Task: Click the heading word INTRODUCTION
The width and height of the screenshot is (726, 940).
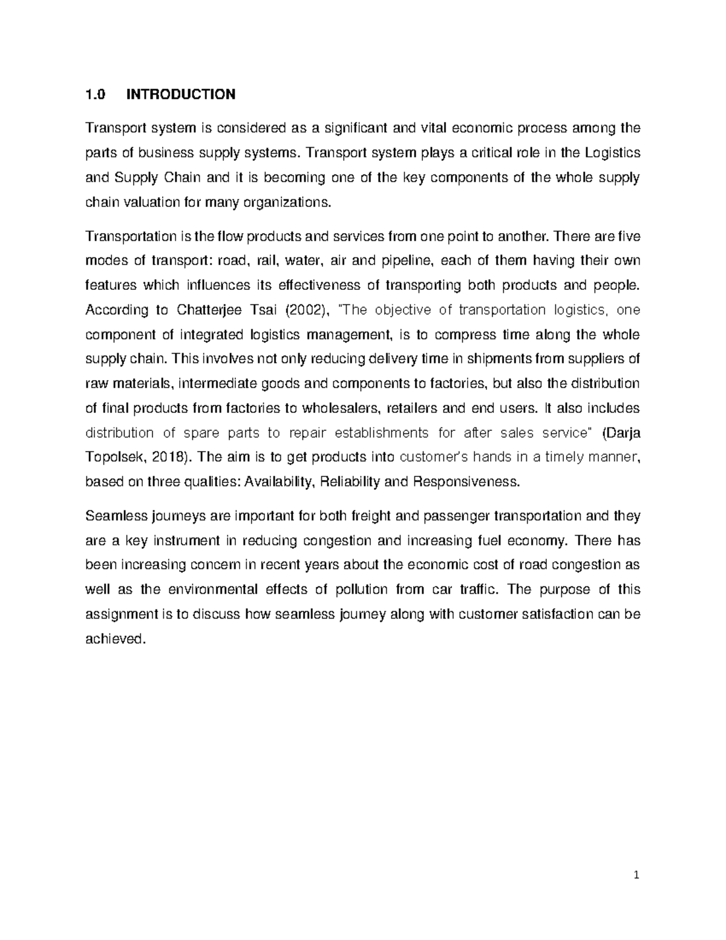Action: [x=180, y=94]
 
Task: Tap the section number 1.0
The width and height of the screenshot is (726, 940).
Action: [x=95, y=94]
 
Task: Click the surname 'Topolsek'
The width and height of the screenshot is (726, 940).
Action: [x=114, y=457]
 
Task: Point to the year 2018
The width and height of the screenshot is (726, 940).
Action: [x=168, y=457]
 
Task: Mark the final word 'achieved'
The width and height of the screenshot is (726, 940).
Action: [x=115, y=639]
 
